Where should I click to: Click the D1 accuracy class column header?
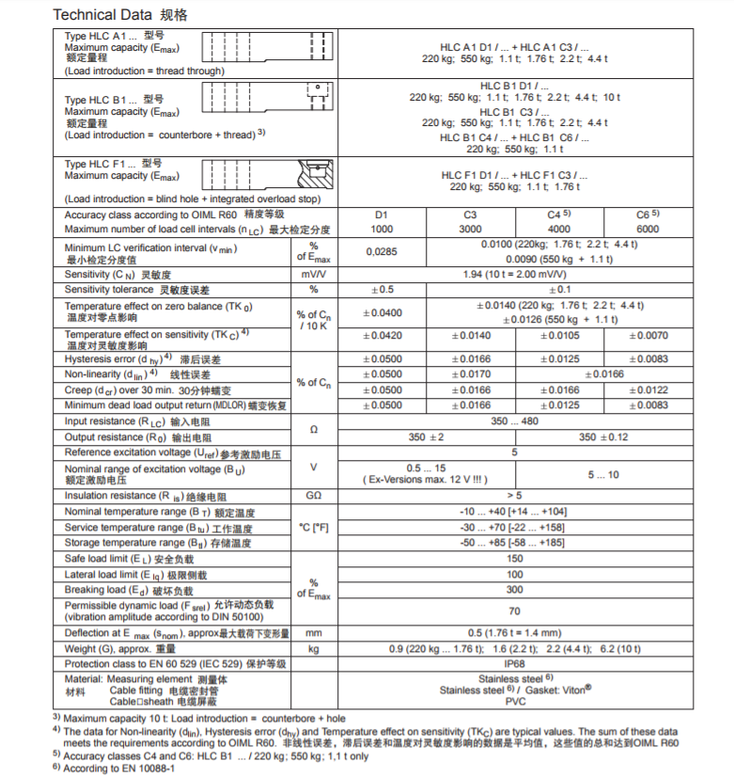(382, 215)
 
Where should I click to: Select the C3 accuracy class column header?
(470, 215)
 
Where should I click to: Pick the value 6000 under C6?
(648, 229)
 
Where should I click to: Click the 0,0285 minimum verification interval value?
(382, 251)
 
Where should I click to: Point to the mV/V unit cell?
(313, 274)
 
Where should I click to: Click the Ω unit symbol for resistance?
(313, 429)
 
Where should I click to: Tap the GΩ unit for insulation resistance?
(313, 496)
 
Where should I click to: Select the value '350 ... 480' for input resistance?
(514, 421)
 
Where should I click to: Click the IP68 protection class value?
(514, 663)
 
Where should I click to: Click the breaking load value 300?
(514, 590)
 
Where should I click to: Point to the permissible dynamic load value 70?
(514, 611)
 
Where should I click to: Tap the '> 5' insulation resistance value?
(514, 495)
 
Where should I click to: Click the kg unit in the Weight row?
(313, 649)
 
